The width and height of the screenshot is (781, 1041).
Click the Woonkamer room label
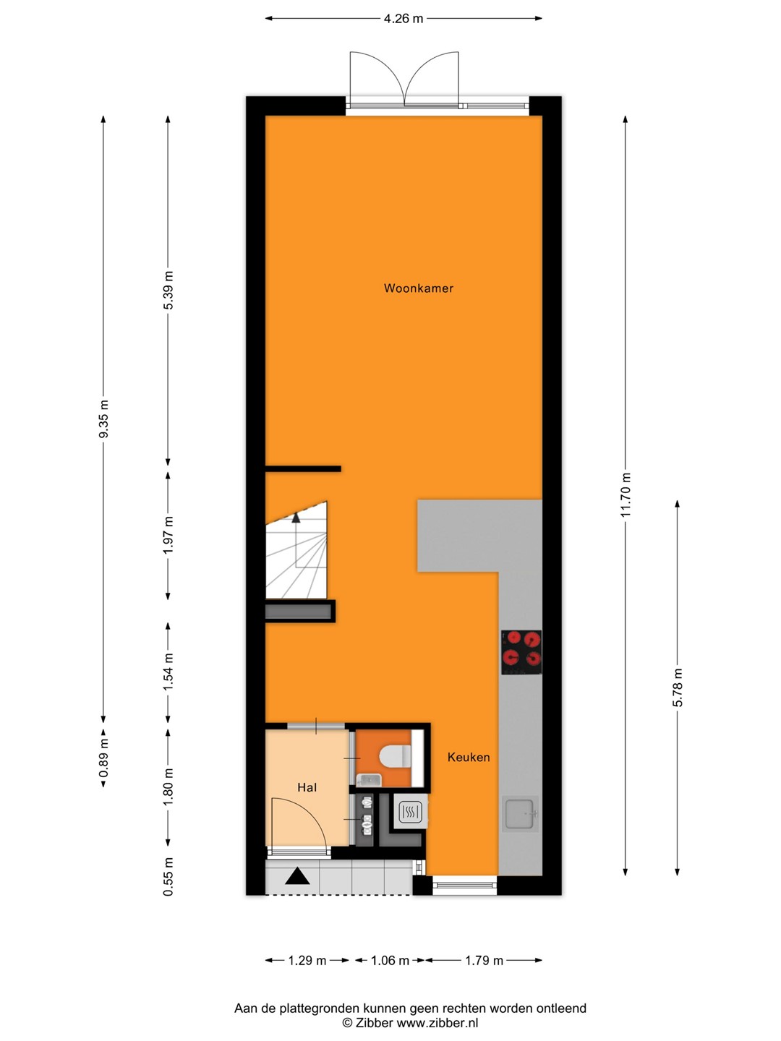418,288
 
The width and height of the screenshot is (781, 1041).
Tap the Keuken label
469,757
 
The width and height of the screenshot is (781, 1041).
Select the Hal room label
307,788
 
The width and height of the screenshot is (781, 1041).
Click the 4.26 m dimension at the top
403,19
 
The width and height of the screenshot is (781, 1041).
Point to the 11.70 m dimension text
626,494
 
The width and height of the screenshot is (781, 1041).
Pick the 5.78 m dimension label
678,687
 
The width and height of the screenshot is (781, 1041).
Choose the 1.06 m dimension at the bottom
390,961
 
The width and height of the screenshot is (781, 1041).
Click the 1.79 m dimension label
484,961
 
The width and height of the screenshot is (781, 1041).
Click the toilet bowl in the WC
395,756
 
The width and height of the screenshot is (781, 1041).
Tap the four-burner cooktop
521,651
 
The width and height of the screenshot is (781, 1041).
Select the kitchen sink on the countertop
521,814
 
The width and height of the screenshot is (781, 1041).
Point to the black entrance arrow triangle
297,876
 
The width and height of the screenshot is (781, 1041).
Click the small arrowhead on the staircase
296,518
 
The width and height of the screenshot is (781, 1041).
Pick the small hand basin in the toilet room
369,779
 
